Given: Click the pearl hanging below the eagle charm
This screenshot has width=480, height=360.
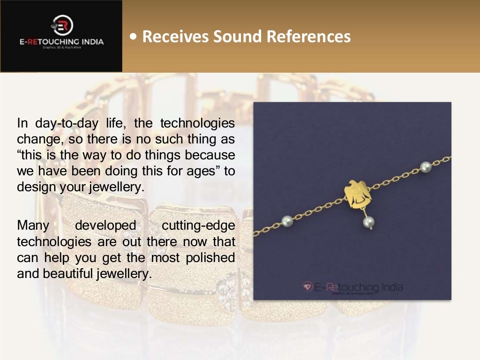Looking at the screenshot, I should (368, 222).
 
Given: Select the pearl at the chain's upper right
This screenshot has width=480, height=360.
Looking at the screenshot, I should (426, 166).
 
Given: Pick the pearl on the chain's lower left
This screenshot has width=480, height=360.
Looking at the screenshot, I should (287, 220).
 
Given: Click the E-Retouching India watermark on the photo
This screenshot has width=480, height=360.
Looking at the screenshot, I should (352, 287).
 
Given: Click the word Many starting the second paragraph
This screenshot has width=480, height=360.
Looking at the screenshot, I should (33, 225).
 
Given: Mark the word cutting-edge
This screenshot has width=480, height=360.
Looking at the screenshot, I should (198, 225).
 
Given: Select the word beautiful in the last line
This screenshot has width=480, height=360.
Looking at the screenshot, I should (68, 273).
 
